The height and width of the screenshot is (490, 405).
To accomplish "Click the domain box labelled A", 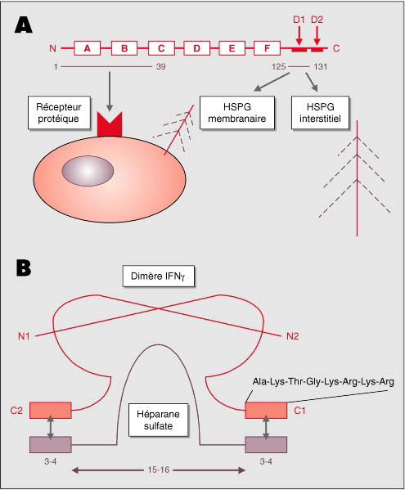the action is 88,48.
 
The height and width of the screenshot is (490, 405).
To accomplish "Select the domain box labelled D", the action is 197,48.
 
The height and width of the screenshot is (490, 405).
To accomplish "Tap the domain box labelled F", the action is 267,48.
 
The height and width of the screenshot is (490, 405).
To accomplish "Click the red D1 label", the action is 299,20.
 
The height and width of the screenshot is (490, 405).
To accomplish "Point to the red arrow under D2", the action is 317,36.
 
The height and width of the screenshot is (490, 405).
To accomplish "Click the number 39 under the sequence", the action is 161,66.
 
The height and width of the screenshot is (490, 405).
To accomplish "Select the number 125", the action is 278,66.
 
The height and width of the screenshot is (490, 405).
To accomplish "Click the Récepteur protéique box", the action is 59,113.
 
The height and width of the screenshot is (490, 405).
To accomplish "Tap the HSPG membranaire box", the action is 237,113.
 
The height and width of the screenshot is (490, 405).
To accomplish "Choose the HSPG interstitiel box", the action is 320,113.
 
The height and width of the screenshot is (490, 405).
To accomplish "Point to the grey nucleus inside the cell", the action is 88,171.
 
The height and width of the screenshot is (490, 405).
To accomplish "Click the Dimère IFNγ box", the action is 159,276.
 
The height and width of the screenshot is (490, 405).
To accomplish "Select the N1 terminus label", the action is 24,336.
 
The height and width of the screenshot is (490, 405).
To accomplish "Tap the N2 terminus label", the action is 293,336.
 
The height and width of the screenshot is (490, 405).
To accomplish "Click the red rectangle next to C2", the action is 51,411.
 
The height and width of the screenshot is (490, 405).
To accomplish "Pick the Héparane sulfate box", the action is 159,420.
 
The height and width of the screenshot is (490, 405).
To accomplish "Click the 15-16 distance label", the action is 159,470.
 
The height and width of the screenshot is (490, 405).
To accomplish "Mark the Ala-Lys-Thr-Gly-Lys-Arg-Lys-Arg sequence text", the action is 323,381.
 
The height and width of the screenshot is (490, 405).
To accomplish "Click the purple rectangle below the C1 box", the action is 266,445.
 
